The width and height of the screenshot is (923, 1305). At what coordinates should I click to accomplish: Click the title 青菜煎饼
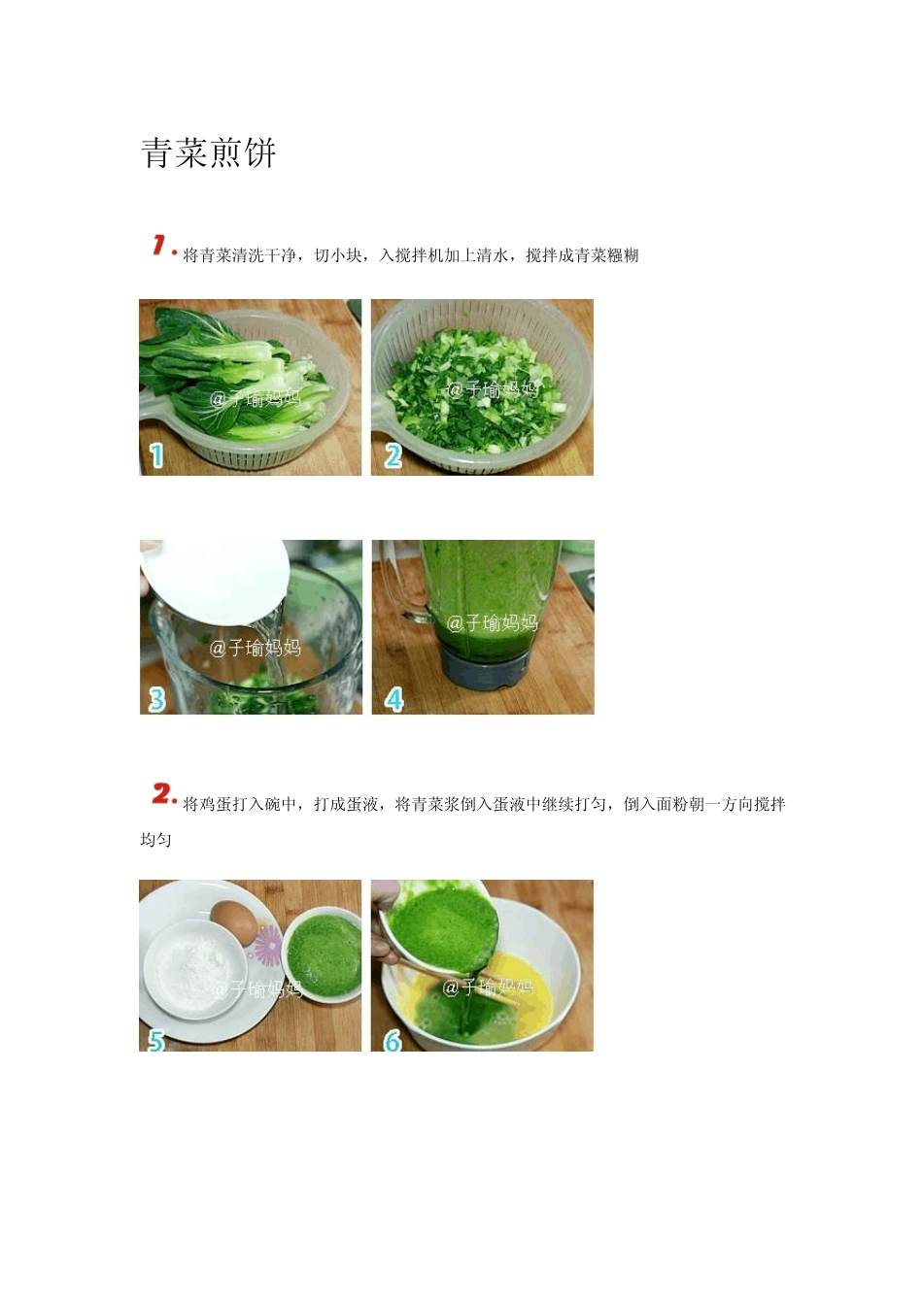pyautogui.click(x=209, y=153)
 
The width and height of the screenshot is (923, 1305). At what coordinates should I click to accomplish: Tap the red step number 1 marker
pyautogui.click(x=163, y=247)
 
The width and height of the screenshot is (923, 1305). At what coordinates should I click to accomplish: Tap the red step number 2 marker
pyautogui.click(x=163, y=794)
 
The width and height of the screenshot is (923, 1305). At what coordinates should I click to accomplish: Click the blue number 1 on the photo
pyautogui.click(x=155, y=455)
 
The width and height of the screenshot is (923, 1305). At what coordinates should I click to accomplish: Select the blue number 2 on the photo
pyautogui.click(x=393, y=455)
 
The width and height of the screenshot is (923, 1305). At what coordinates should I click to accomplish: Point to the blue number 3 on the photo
pyautogui.click(x=156, y=698)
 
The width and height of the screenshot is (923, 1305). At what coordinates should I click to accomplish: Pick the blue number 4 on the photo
pyautogui.click(x=393, y=698)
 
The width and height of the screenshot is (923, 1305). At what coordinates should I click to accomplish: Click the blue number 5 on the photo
pyautogui.click(x=155, y=1040)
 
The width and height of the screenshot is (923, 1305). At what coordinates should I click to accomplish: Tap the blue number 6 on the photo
pyautogui.click(x=393, y=1040)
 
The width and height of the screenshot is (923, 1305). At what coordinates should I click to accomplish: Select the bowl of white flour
pyautogui.click(x=195, y=968)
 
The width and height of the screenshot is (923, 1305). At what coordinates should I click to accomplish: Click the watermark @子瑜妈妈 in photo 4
pyautogui.click(x=492, y=623)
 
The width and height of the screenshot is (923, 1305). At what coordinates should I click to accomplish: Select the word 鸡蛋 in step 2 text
pyautogui.click(x=216, y=804)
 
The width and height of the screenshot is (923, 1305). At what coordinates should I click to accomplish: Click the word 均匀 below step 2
pyautogui.click(x=155, y=839)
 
